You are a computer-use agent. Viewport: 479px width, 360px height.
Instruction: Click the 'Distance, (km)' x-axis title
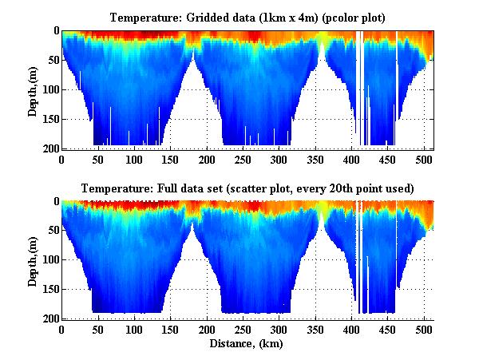[x=247, y=345]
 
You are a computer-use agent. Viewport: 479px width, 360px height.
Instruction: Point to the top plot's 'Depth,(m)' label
[x=34, y=90]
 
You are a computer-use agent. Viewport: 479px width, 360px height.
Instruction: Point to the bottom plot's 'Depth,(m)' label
[x=34, y=260]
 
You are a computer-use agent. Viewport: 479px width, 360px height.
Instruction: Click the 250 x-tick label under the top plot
[x=207, y=159]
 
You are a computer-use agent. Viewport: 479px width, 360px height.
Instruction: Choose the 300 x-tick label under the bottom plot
[x=279, y=329]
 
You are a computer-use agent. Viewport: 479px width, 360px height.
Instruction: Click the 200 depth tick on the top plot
[x=49, y=148]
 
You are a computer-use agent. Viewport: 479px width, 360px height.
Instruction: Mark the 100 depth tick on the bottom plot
[x=49, y=260]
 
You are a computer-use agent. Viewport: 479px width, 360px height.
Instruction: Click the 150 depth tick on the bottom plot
[x=49, y=290]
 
